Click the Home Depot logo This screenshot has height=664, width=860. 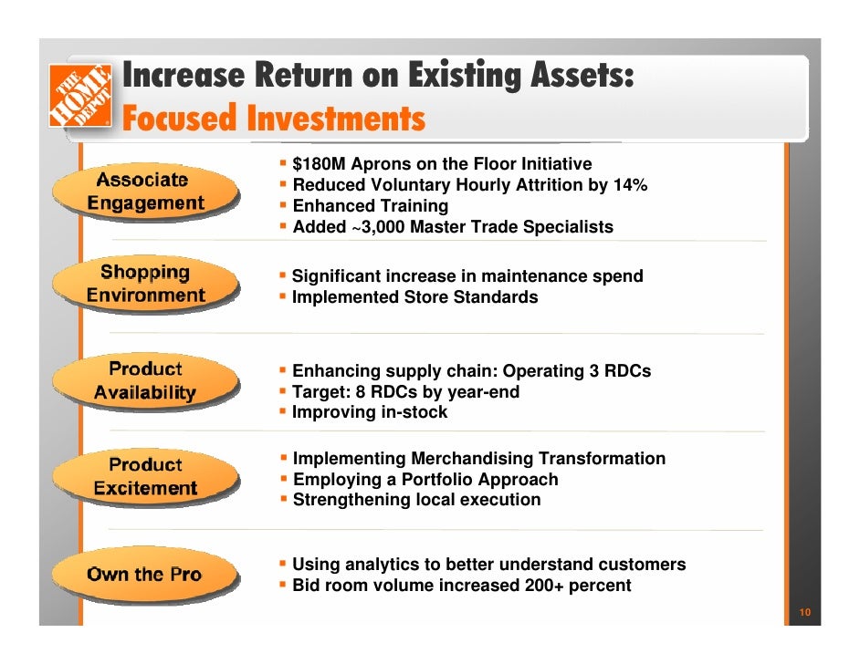[80, 95]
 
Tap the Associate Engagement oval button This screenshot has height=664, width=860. [146, 192]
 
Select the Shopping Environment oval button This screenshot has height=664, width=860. [146, 284]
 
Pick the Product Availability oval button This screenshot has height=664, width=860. [145, 381]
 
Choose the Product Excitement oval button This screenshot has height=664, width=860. [145, 476]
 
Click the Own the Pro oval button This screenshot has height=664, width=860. [144, 575]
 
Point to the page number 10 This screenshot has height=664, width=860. [804, 612]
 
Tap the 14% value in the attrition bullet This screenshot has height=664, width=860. [629, 185]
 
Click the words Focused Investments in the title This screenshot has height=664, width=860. [273, 119]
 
